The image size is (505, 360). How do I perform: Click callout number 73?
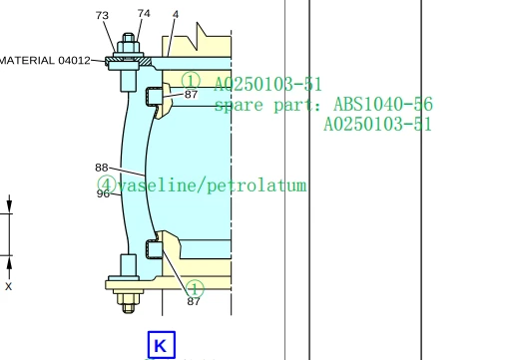point(103,15)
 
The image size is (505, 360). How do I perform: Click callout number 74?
point(144,13)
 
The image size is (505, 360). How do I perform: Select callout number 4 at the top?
point(176,14)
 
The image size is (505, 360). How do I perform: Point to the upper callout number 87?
point(191,94)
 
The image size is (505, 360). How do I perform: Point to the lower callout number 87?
point(194,301)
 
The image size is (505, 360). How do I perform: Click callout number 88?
point(102,168)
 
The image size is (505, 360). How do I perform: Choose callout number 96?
point(103,193)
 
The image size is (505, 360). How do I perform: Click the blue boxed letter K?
point(161,346)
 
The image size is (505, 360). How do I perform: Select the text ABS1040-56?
point(382,104)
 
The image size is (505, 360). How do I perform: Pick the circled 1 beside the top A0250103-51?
point(191,81)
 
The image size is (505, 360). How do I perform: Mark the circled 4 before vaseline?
point(106,185)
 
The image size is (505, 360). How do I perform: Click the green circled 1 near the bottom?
point(195,288)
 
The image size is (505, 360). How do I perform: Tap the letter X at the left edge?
point(9,286)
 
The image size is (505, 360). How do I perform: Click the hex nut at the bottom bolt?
point(127,298)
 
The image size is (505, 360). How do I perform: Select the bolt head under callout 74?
point(128,44)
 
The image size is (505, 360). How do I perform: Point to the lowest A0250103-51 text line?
point(377,125)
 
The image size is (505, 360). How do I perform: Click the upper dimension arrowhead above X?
point(9,207)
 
